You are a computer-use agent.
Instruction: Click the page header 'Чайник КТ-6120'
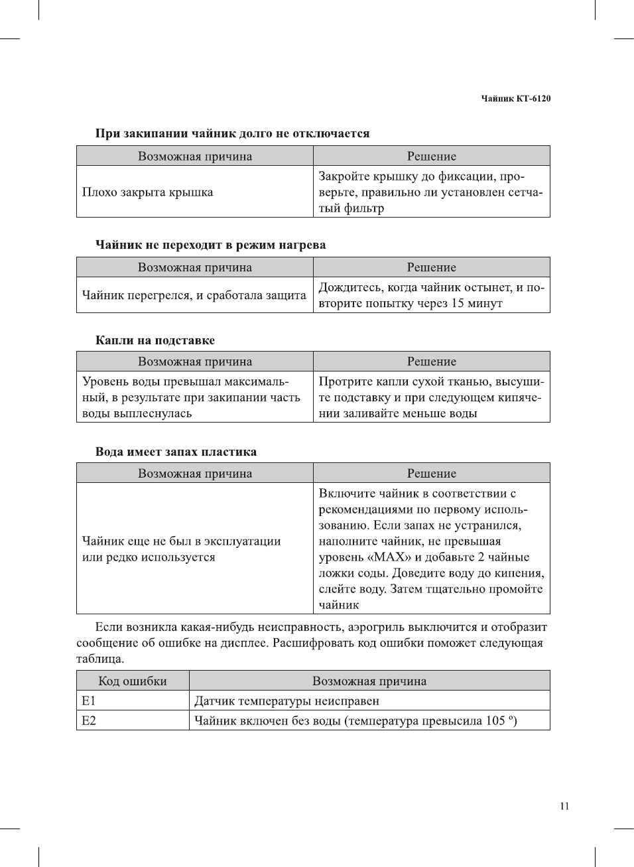click(515, 99)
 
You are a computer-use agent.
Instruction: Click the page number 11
click(564, 807)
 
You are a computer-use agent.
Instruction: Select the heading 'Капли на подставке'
click(155, 340)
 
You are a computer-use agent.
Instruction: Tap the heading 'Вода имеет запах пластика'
click(176, 452)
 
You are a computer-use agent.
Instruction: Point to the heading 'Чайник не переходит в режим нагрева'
click(210, 245)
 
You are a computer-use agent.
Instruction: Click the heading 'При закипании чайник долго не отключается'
click(232, 133)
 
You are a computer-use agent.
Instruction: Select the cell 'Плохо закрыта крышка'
click(147, 192)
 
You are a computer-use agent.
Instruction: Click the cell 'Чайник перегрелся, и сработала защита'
click(194, 295)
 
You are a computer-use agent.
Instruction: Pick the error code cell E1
click(89, 701)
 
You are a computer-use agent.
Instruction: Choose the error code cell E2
click(89, 721)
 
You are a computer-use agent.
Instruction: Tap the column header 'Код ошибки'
click(133, 681)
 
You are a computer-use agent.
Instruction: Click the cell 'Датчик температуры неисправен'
click(286, 701)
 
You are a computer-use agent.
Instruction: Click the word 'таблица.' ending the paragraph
click(100, 659)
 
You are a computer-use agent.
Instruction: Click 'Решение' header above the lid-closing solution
click(431, 157)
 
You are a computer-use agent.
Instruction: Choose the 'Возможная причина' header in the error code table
click(369, 681)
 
